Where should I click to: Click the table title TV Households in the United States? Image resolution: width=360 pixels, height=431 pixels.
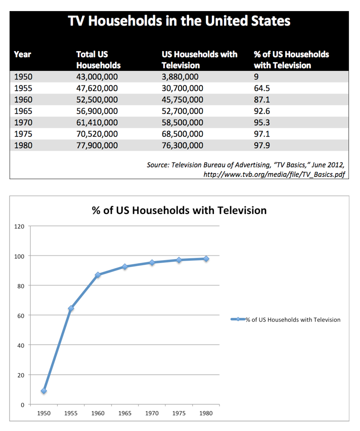(179, 21)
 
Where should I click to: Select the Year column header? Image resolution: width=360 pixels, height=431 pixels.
(23, 55)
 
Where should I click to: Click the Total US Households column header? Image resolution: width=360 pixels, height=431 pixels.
(99, 60)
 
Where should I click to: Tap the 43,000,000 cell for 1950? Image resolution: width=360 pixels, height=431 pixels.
(97, 77)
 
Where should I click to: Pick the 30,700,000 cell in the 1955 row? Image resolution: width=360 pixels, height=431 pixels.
(183, 88)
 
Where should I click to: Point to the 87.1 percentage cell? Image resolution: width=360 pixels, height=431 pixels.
(262, 100)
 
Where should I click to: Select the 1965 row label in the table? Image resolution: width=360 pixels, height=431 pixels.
(23, 111)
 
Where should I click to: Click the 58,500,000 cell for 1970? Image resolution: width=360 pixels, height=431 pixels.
(183, 122)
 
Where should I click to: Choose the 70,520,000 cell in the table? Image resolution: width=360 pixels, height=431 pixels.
(97, 134)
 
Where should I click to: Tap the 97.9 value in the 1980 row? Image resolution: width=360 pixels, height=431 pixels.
(262, 145)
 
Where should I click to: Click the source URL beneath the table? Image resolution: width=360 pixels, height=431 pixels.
(274, 175)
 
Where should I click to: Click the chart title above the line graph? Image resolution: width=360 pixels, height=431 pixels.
(179, 210)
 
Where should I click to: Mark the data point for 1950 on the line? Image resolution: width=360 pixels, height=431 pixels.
(43, 391)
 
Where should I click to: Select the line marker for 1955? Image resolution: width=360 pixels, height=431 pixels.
(71, 309)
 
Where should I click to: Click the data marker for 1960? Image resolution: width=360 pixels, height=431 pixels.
(98, 275)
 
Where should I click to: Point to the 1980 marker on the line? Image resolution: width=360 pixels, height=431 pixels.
(206, 258)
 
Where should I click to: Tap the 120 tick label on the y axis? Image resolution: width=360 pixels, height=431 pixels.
(19, 227)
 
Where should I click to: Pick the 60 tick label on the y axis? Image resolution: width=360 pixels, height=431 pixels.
(21, 316)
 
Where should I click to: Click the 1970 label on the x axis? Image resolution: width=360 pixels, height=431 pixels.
(152, 413)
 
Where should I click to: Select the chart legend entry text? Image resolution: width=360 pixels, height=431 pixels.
(293, 320)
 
